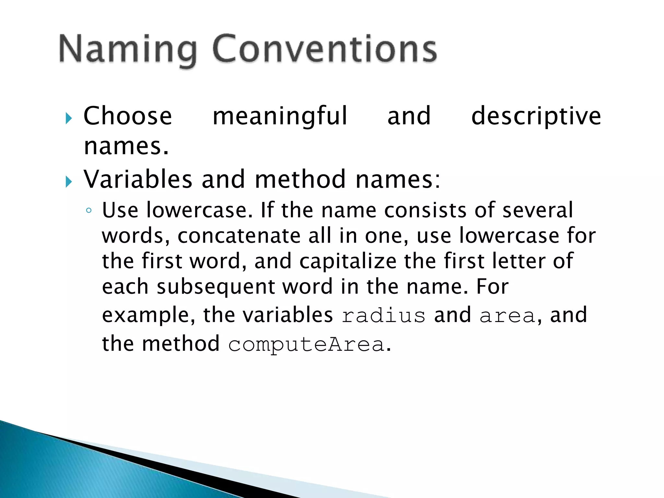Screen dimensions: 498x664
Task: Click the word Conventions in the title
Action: click(325, 49)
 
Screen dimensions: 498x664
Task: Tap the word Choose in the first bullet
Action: click(128, 116)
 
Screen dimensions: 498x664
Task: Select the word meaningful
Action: click(280, 116)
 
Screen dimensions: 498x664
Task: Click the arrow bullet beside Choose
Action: click(68, 118)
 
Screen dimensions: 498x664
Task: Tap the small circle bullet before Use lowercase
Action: click(89, 211)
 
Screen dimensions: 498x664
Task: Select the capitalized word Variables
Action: click(138, 179)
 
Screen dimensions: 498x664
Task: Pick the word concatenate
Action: click(239, 236)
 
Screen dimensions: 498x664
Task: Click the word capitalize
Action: click(348, 261)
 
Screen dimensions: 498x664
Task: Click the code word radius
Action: click(384, 315)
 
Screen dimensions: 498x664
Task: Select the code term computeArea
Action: click(306, 344)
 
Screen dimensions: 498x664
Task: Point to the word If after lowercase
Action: click(267, 210)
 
